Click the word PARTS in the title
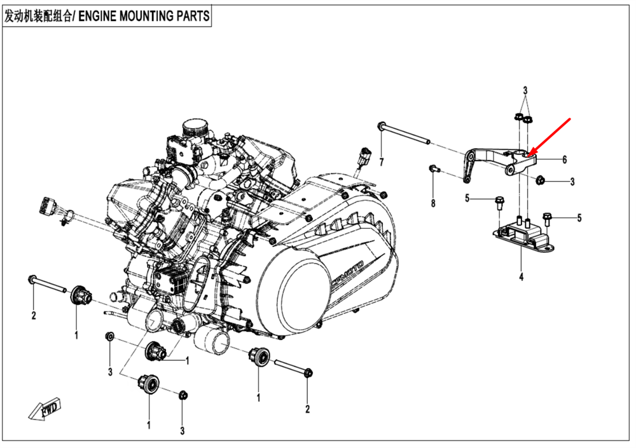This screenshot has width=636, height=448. [192, 17]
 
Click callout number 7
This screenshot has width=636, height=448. [382, 162]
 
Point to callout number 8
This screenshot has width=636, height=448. [433, 203]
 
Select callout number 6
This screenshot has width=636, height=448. [563, 160]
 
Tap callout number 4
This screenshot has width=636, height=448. [521, 277]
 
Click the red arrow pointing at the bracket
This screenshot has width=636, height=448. [552, 136]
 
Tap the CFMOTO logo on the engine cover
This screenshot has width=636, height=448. [347, 273]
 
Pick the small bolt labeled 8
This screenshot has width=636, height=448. [433, 168]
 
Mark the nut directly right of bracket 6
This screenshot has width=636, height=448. [541, 181]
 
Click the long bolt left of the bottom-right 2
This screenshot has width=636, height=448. [293, 367]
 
